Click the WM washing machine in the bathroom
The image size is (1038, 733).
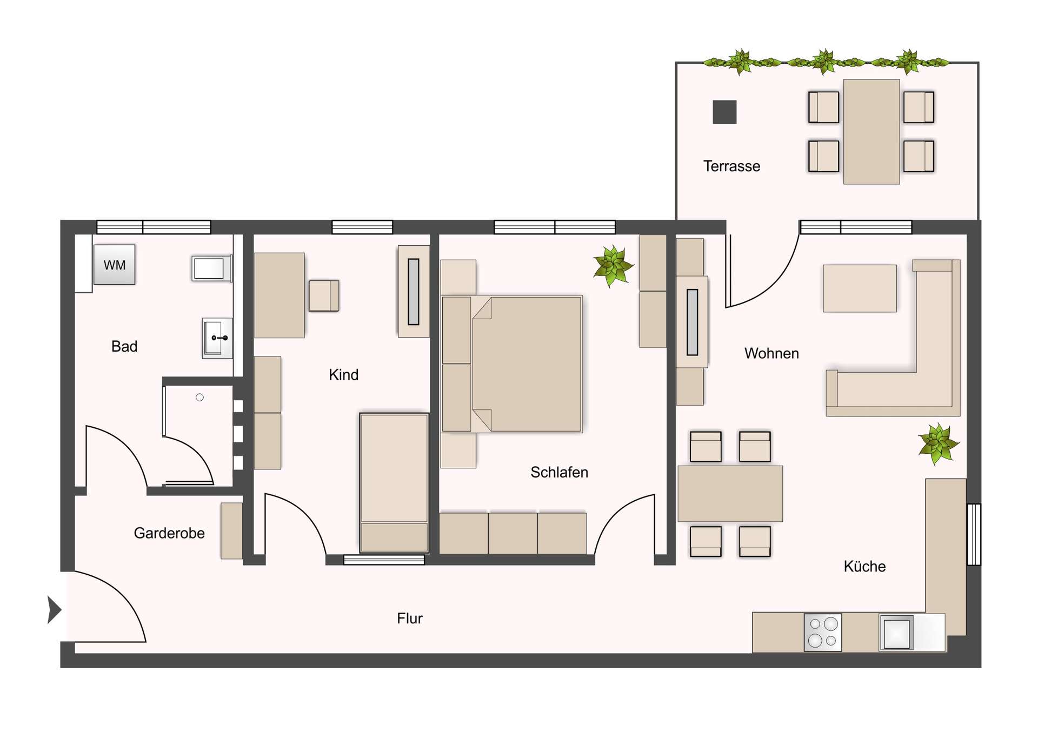[x=114, y=265]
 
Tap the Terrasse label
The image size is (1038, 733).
[x=731, y=166]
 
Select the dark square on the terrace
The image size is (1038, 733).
[x=724, y=112]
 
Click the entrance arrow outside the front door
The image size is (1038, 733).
[x=54, y=610]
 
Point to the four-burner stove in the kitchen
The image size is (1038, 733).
[x=822, y=632]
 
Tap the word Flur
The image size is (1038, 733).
[x=409, y=618]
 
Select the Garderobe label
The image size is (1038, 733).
[x=169, y=533]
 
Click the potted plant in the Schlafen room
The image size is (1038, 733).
[x=613, y=266]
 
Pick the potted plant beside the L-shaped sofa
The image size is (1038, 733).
[x=938, y=443]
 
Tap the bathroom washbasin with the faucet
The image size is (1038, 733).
[x=217, y=338]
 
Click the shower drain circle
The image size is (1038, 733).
[x=199, y=398]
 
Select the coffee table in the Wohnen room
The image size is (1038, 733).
[x=859, y=288]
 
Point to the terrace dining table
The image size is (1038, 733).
[x=871, y=132]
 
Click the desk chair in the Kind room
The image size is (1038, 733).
[x=323, y=295]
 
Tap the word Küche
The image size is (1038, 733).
[x=864, y=567]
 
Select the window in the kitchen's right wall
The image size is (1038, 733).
[x=974, y=534]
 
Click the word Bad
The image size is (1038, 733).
[x=124, y=346]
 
